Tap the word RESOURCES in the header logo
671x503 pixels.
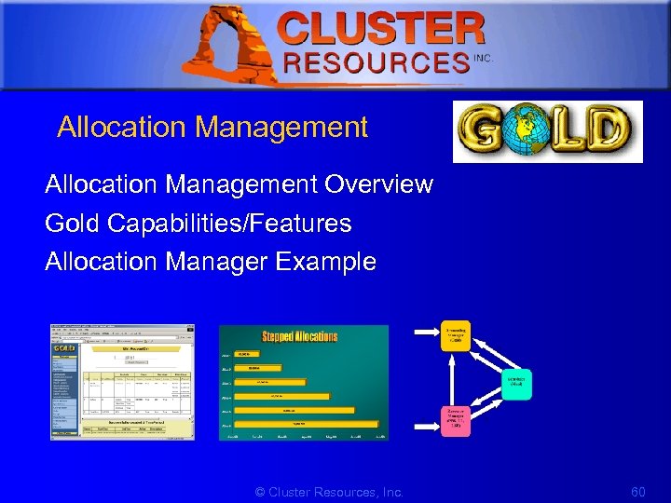(376, 62)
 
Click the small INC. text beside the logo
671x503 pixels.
(483, 58)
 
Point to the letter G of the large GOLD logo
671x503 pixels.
(486, 131)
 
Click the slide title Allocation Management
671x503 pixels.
(212, 128)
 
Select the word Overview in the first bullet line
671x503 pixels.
(378, 184)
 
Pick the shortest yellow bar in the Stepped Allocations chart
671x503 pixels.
(250, 355)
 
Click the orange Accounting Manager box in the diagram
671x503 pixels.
(457, 336)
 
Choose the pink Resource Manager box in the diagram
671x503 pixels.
(457, 419)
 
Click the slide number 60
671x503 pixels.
(637, 492)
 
